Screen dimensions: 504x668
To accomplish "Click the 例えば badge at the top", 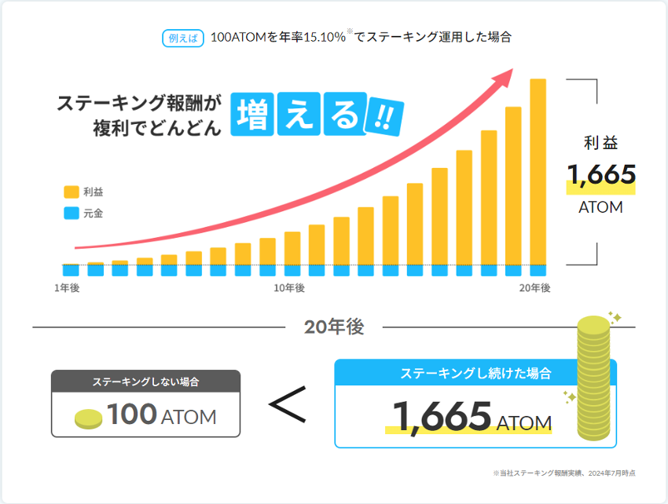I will point(183,38).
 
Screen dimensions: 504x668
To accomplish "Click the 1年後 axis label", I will point(67,288).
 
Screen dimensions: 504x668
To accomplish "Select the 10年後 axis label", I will point(289,288).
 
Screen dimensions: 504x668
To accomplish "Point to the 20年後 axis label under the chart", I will point(534,288).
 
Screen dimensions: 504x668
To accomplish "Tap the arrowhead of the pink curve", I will point(503,76).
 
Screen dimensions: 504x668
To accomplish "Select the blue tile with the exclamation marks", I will point(384,119).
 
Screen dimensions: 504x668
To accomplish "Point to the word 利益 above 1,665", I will point(600,143).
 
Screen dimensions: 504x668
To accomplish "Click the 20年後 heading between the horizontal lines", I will point(334,327).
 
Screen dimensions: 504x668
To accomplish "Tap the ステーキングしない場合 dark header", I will point(145,382).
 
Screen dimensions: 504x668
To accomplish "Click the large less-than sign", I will point(287,406).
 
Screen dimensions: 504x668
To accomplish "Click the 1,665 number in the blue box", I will point(442,416).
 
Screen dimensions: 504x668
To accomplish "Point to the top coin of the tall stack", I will point(593,324).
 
